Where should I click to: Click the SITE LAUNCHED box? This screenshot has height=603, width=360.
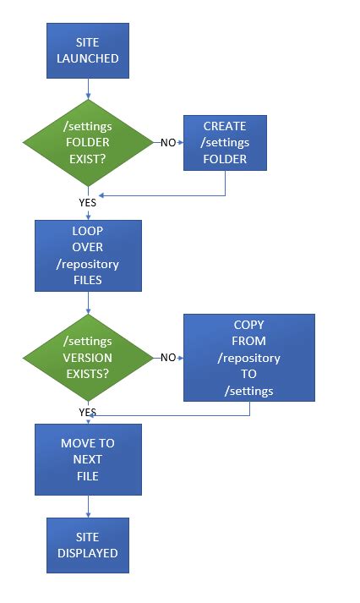point(88,51)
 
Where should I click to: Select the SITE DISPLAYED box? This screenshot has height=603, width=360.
point(88,545)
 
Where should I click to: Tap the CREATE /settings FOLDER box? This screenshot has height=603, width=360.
point(225,143)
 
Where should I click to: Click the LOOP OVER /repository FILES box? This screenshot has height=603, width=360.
point(88,255)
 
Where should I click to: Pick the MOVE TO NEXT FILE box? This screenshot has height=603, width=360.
point(88,459)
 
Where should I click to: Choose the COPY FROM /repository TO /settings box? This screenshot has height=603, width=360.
point(248,357)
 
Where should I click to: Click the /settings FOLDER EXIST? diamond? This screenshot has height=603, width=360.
point(88,143)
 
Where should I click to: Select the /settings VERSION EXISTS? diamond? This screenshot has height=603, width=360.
point(88,357)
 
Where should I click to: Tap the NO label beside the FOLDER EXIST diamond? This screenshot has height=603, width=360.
point(168,143)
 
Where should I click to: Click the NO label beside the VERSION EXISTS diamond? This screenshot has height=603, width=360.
point(168,358)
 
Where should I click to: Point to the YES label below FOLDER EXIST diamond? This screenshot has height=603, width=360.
point(87,203)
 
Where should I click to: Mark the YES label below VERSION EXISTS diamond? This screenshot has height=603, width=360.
point(87,412)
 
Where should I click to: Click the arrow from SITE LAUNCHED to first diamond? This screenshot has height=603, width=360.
point(88,89)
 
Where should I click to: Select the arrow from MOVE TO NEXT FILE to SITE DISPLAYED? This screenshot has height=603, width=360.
point(88,506)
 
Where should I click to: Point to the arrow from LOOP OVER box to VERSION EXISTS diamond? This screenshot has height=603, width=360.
point(88,303)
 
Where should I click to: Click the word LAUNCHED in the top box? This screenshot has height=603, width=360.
point(88,59)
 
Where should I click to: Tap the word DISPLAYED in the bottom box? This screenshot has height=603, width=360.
point(88,553)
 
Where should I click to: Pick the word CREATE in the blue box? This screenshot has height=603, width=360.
point(225,127)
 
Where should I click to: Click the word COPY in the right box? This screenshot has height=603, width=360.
point(248,325)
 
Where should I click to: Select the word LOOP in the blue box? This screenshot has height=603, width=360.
point(88,231)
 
